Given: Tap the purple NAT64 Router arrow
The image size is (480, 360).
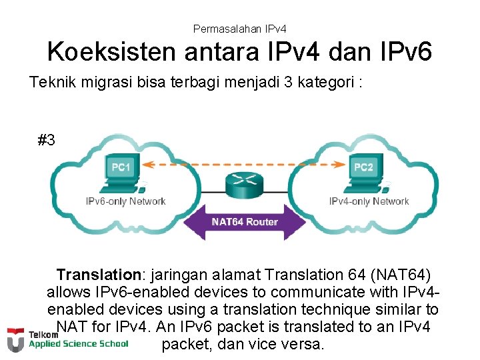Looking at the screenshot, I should click(x=245, y=222).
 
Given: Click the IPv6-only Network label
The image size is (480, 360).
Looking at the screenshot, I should click(x=125, y=201).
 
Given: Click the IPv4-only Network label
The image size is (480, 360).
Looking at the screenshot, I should click(x=369, y=201).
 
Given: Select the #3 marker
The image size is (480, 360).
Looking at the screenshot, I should click(x=47, y=141).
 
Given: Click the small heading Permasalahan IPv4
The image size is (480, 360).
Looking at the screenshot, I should click(x=239, y=29).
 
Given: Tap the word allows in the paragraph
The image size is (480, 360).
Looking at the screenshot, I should click(x=69, y=292).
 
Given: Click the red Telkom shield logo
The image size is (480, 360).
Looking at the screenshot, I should click(x=15, y=339).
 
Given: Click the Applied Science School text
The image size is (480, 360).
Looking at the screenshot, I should click(x=78, y=344).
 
